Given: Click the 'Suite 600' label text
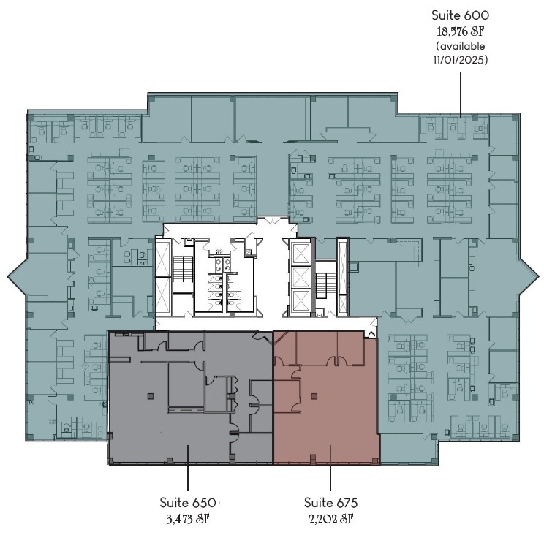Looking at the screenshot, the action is [x=460, y=15].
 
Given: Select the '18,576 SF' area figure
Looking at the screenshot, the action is [x=460, y=31].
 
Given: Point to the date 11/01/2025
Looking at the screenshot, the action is [x=461, y=60].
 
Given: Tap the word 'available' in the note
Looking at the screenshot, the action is [x=462, y=46].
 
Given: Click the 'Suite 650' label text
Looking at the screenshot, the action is [x=188, y=502].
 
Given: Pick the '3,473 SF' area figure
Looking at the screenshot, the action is [x=188, y=519].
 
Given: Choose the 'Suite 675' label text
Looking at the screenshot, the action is [x=330, y=502].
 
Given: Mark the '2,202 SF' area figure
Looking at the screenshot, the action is [x=331, y=519].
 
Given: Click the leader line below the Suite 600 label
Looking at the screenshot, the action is [x=461, y=94].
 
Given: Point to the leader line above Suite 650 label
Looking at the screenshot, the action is [x=188, y=468].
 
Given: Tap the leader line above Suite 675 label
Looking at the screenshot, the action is [x=330, y=468].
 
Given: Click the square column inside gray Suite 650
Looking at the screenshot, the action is [x=150, y=396].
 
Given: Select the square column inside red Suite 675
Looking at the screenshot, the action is [x=314, y=396].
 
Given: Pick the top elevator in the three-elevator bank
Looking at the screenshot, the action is [x=301, y=254].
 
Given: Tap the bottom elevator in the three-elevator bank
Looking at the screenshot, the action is [x=301, y=300].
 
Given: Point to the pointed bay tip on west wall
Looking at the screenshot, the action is [x=7, y=276].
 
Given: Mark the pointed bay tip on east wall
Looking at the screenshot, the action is [x=539, y=276].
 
